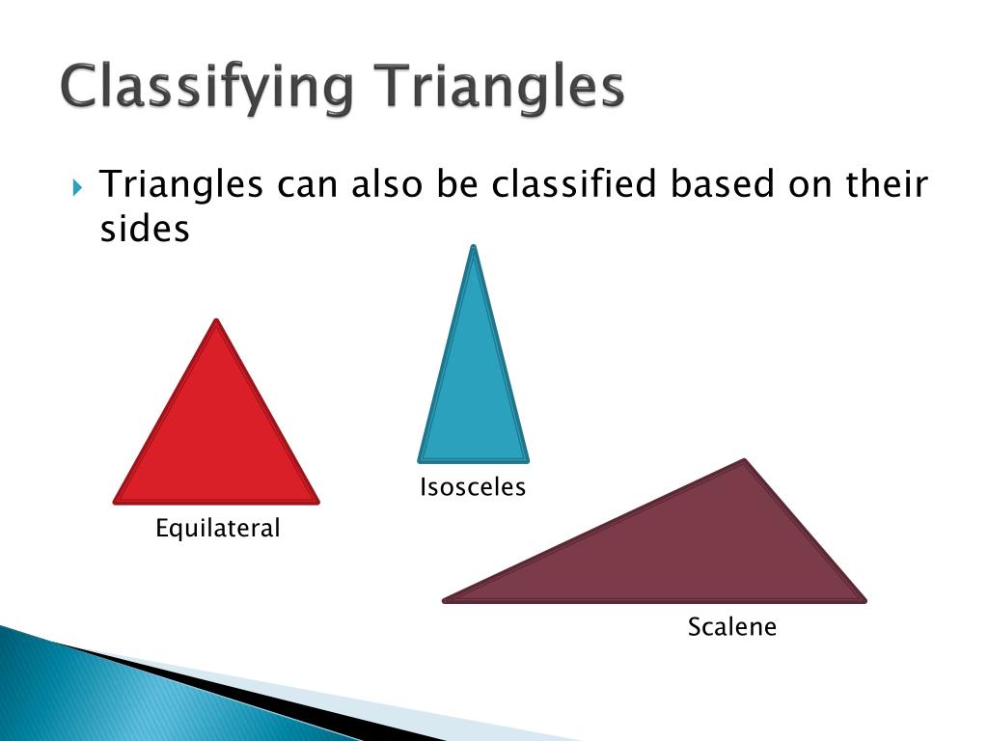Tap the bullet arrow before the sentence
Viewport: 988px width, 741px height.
(x=78, y=185)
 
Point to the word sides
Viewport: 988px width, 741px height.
(x=145, y=230)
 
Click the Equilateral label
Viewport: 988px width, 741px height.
(x=218, y=529)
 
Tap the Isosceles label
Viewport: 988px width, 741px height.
(x=473, y=487)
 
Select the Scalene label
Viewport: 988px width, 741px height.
(x=731, y=627)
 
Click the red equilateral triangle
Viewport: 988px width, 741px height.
(x=216, y=439)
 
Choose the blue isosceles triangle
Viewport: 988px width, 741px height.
(x=474, y=396)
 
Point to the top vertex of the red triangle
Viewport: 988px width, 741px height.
(x=216, y=323)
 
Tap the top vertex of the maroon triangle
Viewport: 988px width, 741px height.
(x=744, y=462)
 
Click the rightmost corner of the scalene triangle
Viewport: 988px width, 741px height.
(x=863, y=599)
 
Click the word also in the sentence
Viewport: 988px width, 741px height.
(x=387, y=183)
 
